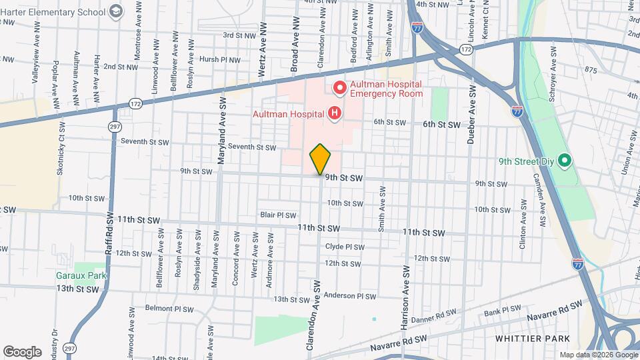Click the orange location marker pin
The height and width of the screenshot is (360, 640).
point(320,159)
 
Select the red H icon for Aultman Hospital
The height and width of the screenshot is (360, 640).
point(335,114)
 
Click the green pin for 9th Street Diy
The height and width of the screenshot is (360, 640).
point(564,161)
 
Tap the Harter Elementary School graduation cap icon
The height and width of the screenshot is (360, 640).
point(117,11)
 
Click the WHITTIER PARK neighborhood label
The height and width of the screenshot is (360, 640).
point(529,339)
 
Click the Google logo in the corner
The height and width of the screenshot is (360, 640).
point(22,351)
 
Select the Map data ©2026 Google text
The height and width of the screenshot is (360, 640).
point(597,354)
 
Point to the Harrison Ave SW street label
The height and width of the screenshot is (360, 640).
point(404,300)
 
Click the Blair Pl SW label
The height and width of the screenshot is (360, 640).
point(278,215)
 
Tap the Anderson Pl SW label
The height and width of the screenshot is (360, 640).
point(351,296)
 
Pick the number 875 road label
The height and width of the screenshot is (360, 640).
point(591,69)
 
